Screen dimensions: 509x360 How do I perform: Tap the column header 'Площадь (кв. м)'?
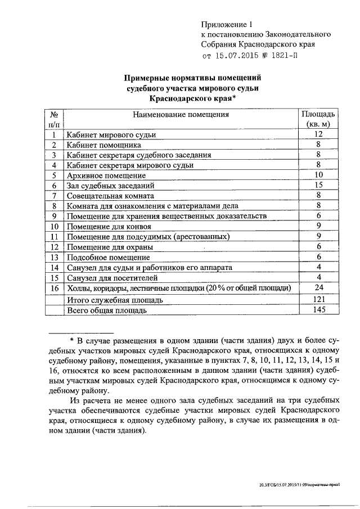(318, 119)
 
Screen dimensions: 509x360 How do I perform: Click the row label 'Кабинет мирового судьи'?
(111, 135)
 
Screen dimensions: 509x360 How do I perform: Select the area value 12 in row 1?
(318, 134)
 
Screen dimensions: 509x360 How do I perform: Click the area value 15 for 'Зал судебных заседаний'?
(318, 185)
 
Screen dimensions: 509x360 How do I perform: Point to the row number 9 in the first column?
(55, 216)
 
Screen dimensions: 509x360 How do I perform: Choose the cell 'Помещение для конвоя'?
(105, 226)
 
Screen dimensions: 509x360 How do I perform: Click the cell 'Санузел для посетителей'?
(112, 278)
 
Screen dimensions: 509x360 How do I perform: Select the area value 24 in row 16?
(318, 288)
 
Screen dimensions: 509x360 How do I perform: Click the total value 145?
(318, 309)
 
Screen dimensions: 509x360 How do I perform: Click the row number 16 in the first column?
(55, 288)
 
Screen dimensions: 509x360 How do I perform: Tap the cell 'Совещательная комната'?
(110, 196)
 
